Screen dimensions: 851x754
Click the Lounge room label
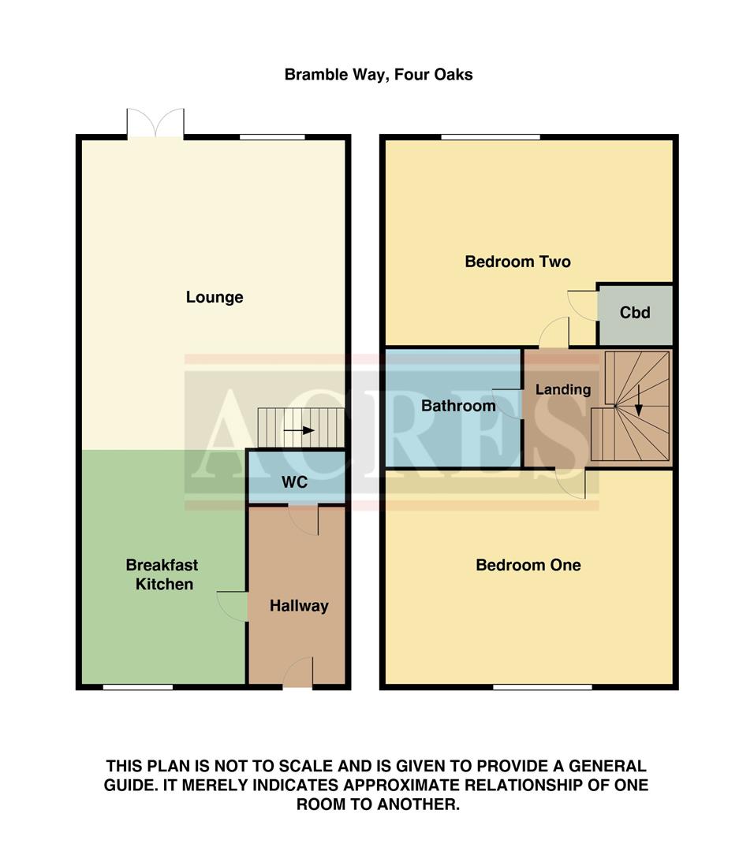[215, 297]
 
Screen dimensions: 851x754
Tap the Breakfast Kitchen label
[162, 574]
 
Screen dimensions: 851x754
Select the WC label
[296, 481]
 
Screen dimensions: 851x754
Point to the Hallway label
[299, 606]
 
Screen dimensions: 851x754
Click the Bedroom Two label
[517, 262]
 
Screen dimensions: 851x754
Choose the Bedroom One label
[528, 565]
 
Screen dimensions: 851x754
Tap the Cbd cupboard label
[635, 313]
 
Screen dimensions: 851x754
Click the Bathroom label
[458, 407]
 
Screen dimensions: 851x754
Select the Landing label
[562, 389]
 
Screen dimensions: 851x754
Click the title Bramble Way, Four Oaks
[379, 75]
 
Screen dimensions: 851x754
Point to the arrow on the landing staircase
[638, 409]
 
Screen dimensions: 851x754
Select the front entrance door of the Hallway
[298, 674]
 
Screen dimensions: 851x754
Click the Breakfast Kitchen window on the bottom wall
[138, 687]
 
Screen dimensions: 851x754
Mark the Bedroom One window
[543, 687]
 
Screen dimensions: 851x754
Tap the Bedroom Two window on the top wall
[491, 137]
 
